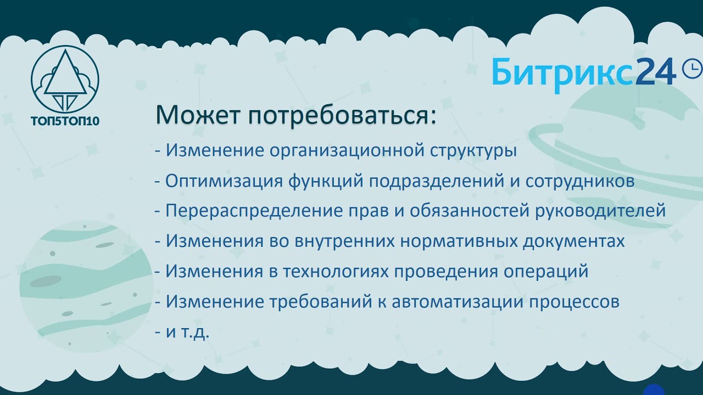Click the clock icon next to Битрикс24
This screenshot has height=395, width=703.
coord(691,68)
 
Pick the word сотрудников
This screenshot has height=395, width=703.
coord(580,181)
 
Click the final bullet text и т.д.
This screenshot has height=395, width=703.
coord(188,332)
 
